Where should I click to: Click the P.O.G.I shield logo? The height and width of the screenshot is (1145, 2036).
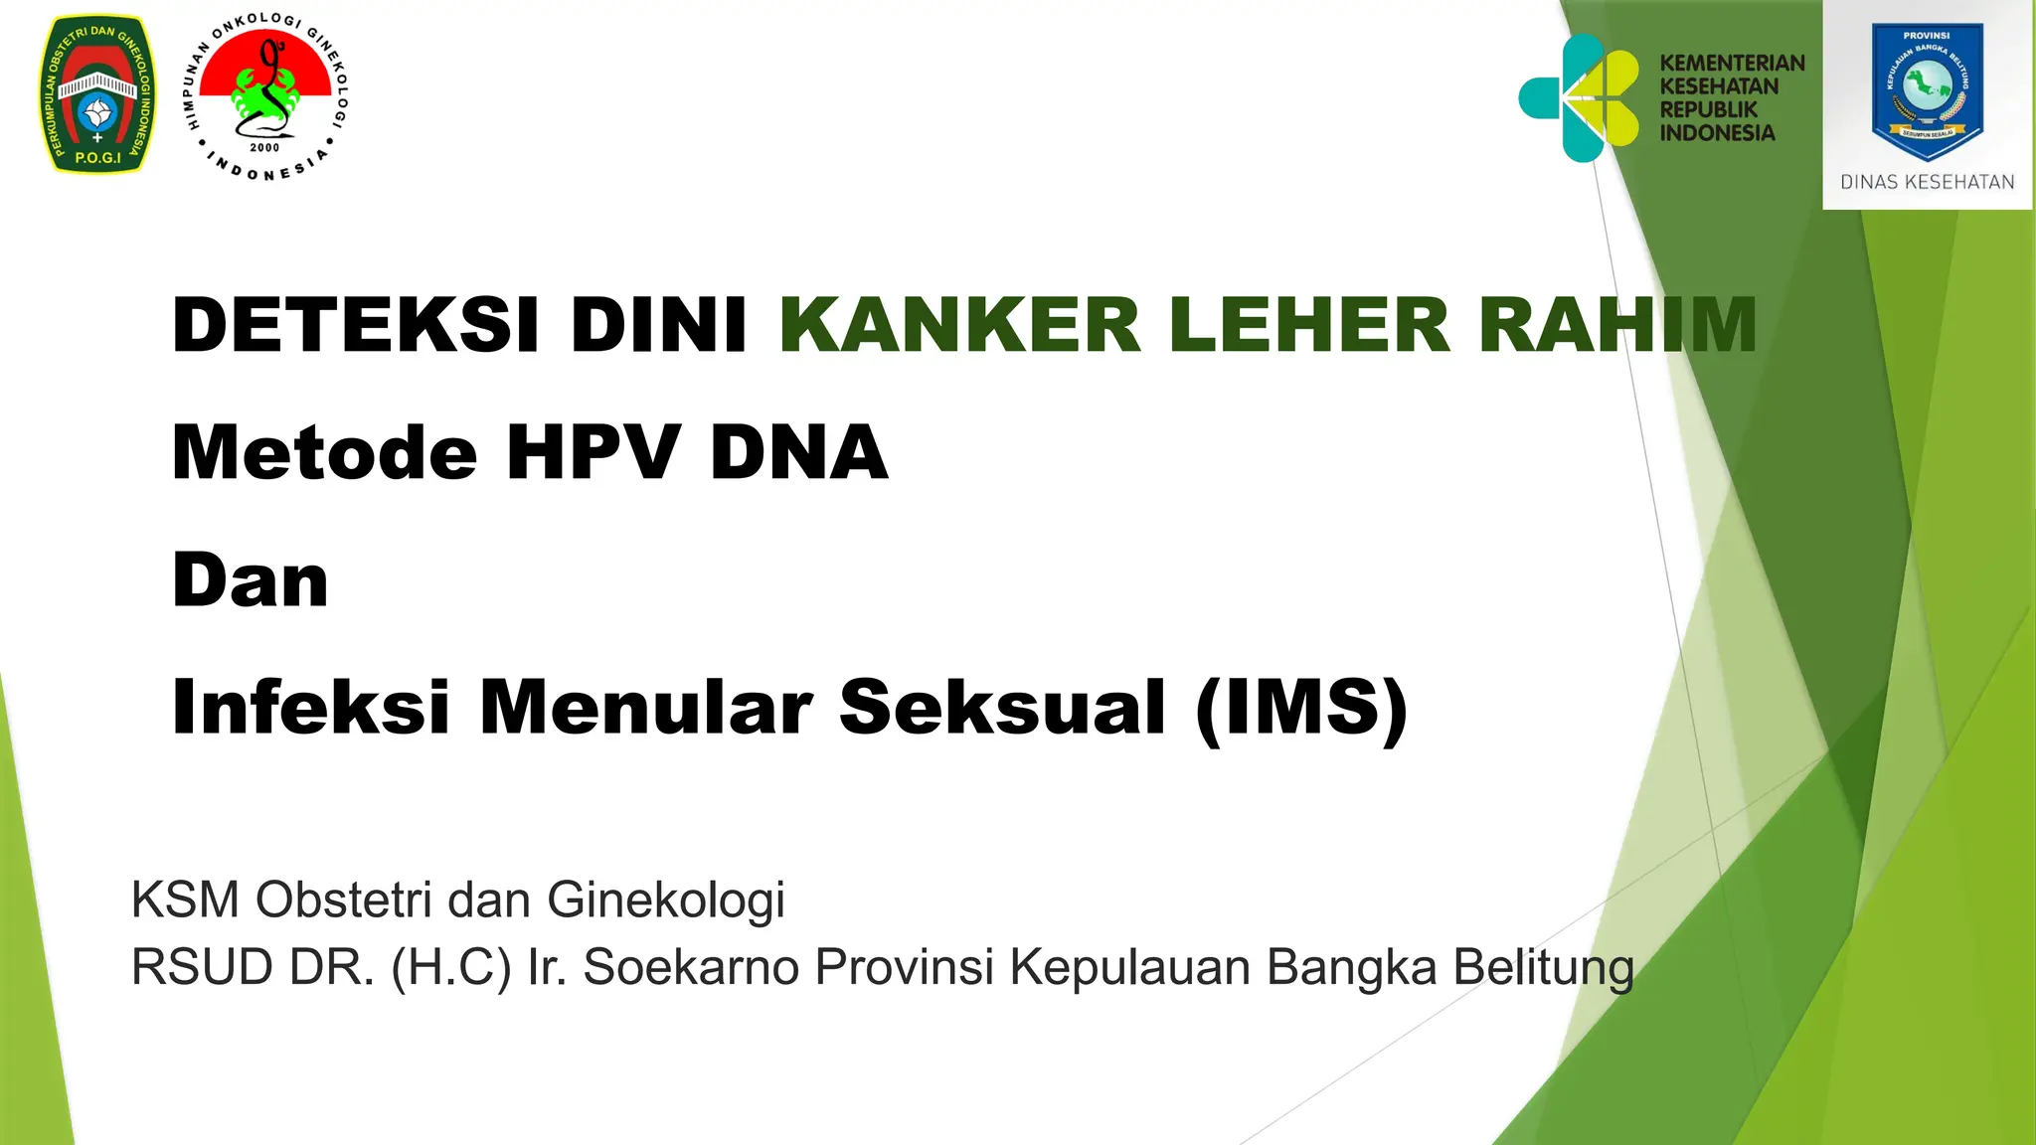click(97, 93)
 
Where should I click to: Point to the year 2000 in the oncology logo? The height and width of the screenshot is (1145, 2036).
click(264, 148)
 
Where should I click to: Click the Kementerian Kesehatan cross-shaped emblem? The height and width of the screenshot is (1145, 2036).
click(1579, 97)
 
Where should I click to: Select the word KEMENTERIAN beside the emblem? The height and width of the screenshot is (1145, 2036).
click(1732, 64)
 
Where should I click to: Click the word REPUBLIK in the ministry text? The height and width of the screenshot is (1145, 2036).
click(1708, 109)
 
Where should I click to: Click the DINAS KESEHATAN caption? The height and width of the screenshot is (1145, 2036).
click(1927, 183)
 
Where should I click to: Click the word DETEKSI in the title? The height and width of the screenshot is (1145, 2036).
click(356, 325)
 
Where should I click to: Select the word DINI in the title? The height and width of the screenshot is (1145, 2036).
click(658, 325)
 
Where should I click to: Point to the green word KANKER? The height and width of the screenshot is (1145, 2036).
click(960, 325)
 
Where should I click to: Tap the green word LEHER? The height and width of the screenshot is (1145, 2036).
click(1309, 325)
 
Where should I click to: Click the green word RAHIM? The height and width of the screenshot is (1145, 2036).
click(1617, 325)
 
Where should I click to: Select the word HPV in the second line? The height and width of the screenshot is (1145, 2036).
click(594, 452)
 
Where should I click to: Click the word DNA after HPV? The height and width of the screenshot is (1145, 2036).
click(798, 452)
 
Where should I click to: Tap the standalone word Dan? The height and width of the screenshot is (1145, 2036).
click(250, 580)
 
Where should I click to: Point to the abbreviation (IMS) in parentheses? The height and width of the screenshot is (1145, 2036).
click(1302, 708)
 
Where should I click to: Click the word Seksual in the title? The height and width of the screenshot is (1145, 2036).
click(1002, 708)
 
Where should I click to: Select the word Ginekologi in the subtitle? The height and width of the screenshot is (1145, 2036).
click(665, 900)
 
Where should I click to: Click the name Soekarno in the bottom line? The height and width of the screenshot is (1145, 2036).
click(690, 967)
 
